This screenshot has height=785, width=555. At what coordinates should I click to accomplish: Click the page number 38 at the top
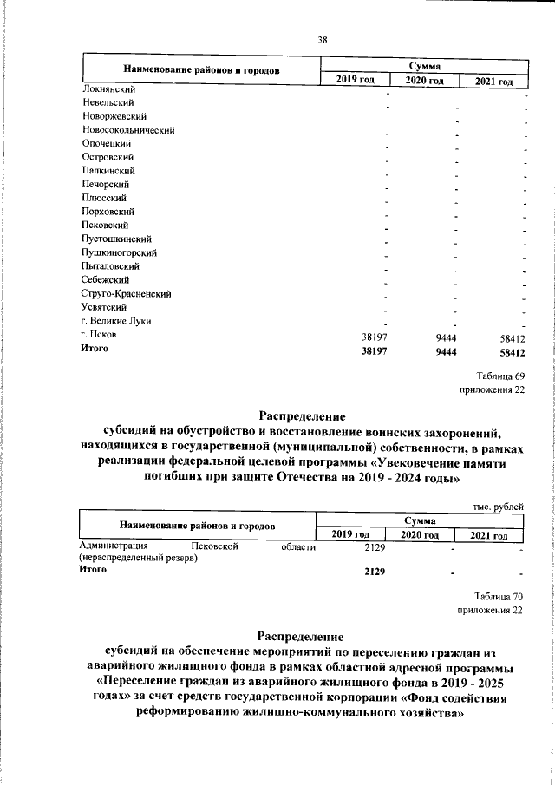click(x=322, y=39)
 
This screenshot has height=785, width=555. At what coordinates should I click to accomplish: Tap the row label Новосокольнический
click(x=129, y=129)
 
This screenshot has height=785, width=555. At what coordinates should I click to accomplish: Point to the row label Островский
click(x=107, y=157)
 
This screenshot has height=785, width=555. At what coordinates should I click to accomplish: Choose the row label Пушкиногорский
click(x=118, y=252)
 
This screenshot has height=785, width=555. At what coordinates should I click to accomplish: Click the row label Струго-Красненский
click(x=126, y=294)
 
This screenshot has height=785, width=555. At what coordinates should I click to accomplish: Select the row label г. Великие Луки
click(x=115, y=321)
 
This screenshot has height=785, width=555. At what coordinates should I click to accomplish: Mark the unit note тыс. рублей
click(x=499, y=507)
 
